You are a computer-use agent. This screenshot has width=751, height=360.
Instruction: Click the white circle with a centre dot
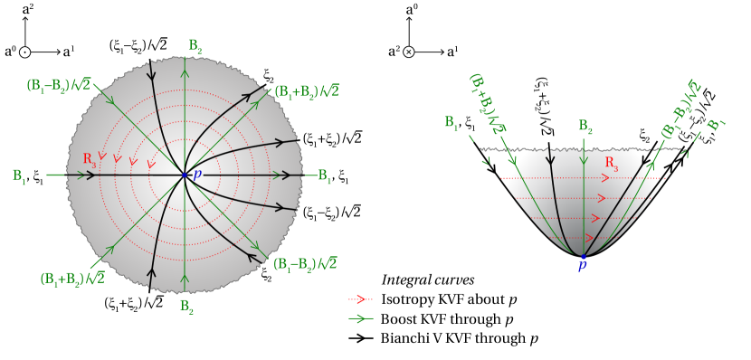[x=25, y=52]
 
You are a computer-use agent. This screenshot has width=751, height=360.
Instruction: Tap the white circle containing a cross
[x=408, y=52]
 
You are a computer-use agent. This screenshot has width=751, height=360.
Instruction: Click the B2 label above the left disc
[x=195, y=46]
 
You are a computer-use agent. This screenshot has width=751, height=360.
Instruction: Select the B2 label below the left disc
[x=186, y=307]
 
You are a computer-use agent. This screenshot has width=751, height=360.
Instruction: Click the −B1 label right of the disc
[x=319, y=176]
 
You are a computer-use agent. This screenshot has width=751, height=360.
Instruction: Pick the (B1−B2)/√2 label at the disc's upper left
[x=59, y=87]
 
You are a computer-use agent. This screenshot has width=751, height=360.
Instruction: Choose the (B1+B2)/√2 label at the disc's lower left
[x=72, y=279]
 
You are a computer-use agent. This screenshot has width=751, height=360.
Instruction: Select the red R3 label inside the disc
[x=90, y=158]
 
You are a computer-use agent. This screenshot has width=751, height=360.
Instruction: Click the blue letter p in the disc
[x=197, y=172]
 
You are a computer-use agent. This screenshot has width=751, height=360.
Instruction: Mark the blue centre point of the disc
[x=185, y=175]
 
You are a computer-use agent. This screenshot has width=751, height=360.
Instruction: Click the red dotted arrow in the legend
[x=360, y=298]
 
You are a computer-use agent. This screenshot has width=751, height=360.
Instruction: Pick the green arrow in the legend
[x=360, y=318]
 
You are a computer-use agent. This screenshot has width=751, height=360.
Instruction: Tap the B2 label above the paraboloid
[x=585, y=126]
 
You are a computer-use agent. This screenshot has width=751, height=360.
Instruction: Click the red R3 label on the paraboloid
[x=612, y=166]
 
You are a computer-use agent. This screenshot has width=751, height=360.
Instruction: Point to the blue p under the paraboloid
[x=582, y=266]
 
